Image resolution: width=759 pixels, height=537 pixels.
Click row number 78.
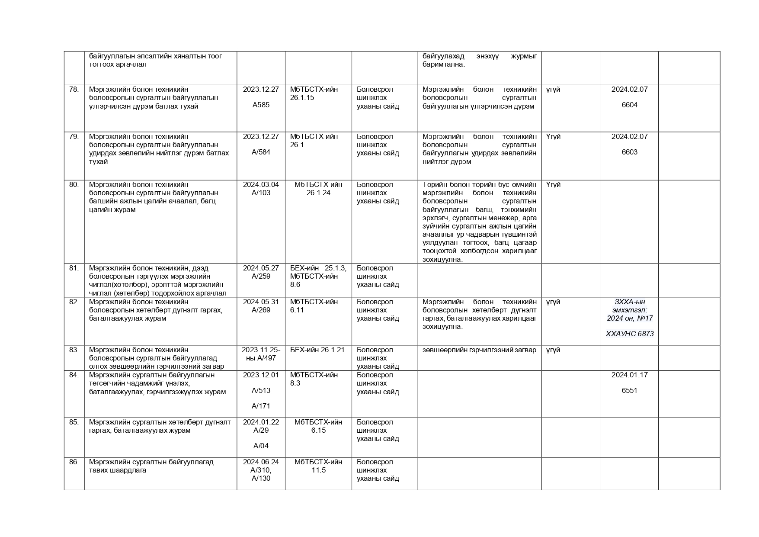point(74,90)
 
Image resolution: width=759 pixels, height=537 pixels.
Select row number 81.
point(74,268)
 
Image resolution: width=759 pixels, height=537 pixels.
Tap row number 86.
point(74,462)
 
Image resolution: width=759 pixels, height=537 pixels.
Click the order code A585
point(261,105)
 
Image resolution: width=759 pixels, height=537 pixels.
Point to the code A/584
point(261,152)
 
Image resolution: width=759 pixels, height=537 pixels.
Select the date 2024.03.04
point(261,185)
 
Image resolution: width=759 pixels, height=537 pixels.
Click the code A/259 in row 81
point(261,277)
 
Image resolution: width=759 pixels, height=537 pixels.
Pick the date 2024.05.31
point(261,302)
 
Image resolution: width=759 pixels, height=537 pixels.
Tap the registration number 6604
point(629,105)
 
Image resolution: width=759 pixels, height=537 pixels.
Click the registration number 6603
point(629,152)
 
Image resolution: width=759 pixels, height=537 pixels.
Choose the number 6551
point(629,391)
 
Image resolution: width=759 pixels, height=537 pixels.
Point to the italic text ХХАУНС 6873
point(629,334)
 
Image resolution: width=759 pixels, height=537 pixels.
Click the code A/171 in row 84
point(261,406)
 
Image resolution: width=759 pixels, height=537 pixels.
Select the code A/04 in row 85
point(261,446)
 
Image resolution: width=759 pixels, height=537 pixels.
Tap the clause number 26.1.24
point(318,193)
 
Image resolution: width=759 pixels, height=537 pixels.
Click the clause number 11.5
point(318,470)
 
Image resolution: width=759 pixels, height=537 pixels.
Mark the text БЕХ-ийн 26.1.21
point(317,350)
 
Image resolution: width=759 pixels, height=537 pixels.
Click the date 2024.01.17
point(629,375)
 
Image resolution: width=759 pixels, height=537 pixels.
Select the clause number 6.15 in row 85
point(318,431)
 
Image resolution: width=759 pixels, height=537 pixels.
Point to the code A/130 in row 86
point(261,479)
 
